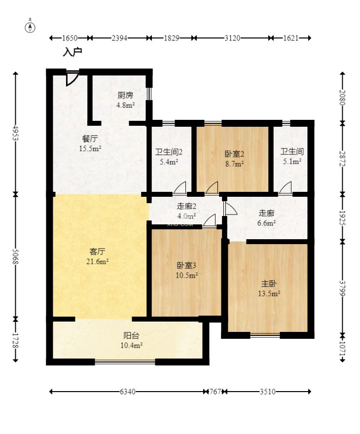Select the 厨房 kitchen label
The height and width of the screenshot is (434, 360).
[125, 96]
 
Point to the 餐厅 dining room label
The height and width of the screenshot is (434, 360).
[90, 139]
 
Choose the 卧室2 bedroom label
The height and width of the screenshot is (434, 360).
[235, 153]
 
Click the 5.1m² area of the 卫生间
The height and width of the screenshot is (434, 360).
[291, 161]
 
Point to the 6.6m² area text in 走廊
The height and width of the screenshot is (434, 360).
[267, 222]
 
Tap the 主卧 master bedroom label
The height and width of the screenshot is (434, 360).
[269, 284]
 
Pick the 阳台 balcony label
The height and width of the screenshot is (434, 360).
[131, 336]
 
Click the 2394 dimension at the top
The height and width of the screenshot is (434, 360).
[120, 38]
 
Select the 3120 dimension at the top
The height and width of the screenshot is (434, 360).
[232, 38]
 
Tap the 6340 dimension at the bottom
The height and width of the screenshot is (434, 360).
[127, 392]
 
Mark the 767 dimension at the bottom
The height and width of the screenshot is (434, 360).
[216, 392]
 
